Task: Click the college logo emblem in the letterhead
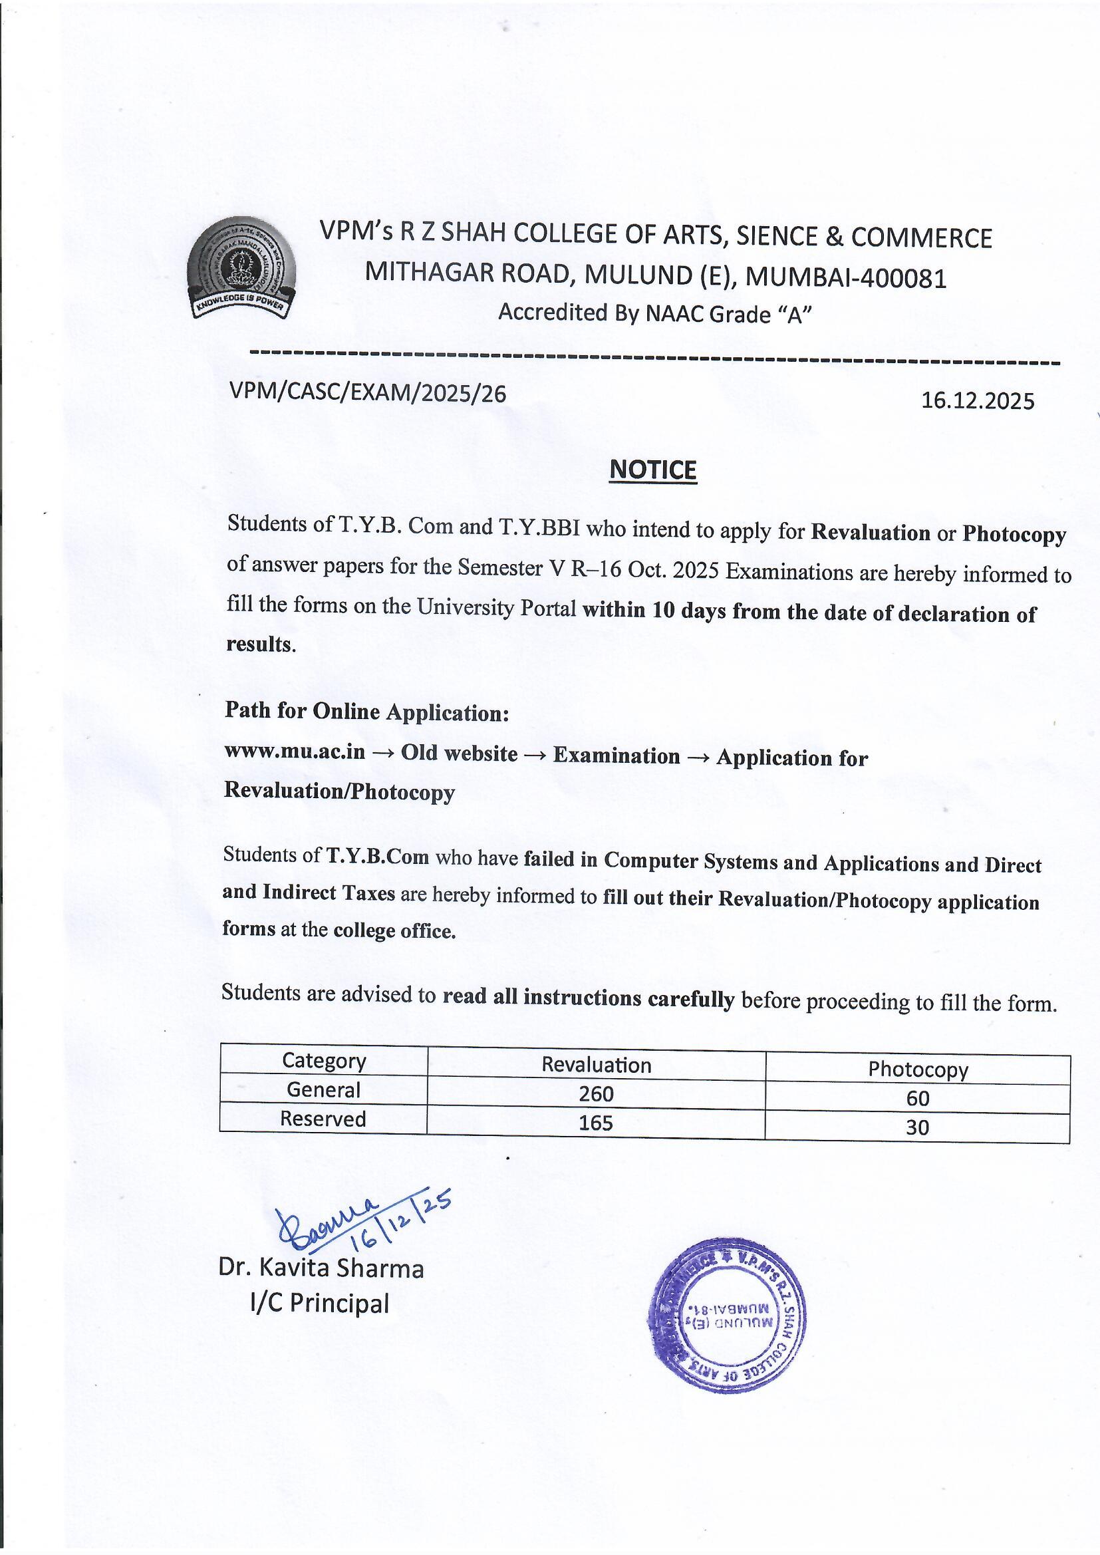tap(241, 268)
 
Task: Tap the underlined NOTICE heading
tap(652, 470)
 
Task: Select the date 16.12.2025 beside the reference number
tap(978, 401)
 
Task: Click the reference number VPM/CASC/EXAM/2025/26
tap(368, 393)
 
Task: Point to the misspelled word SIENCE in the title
tap(777, 236)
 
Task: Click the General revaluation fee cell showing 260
tap(596, 1094)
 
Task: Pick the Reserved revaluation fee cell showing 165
tap(595, 1123)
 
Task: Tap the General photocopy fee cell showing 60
tap(917, 1098)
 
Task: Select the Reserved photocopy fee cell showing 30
tap(917, 1127)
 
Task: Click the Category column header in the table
tap(324, 1061)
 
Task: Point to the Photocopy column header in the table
tap(918, 1069)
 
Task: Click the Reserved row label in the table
tap(323, 1119)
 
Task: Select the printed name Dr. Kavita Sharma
tap(321, 1268)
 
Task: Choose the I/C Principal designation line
tap(320, 1303)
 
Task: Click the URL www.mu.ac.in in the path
tap(295, 751)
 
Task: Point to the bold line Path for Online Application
tap(366, 711)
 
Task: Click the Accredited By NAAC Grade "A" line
tap(655, 313)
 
